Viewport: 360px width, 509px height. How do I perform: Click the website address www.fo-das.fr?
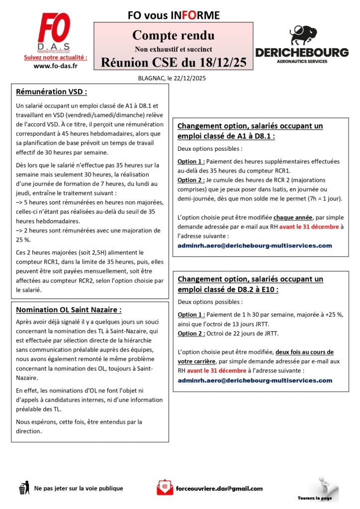click(55, 66)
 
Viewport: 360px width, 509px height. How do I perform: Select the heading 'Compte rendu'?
click(173, 35)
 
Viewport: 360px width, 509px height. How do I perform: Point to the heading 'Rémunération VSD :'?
click(52, 92)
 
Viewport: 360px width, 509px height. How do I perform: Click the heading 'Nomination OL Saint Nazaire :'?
click(69, 310)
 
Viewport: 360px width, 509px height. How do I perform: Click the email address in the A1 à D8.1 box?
click(255, 246)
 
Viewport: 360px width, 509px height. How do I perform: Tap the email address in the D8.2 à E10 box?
click(255, 380)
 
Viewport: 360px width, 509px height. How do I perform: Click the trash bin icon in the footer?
click(23, 488)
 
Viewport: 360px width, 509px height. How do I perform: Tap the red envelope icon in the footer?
click(165, 487)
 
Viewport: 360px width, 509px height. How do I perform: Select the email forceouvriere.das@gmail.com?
click(219, 488)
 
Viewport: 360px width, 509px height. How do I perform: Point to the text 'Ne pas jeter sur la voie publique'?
click(79, 488)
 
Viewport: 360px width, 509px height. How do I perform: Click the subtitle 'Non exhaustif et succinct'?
click(173, 49)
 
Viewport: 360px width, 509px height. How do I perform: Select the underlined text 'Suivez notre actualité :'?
click(55, 58)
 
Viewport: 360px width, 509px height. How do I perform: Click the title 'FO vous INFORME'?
click(174, 15)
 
